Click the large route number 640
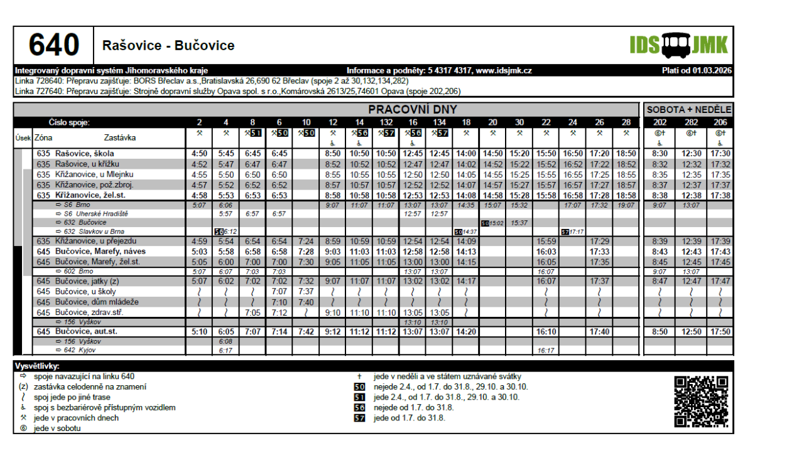pyautogui.click(x=54, y=45)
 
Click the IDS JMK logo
pyautogui.click(x=679, y=45)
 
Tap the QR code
pyautogui.click(x=701, y=402)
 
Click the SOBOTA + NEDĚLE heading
pyautogui.click(x=689, y=110)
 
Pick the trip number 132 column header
pyautogui.click(x=386, y=122)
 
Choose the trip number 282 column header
pyautogui.click(x=691, y=122)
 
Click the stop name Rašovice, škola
pyautogui.click(x=84, y=154)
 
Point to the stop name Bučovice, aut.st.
pyautogui.click(x=86, y=331)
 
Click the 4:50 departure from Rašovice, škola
pyautogui.click(x=199, y=154)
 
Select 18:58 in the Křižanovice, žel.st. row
pyautogui.click(x=626, y=195)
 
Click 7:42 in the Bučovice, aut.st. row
pyautogui.click(x=306, y=331)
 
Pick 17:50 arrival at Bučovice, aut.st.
pyautogui.click(x=719, y=331)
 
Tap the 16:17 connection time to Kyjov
pyautogui.click(x=546, y=351)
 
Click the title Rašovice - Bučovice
pyautogui.click(x=168, y=46)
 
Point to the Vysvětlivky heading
pyautogui.click(x=37, y=366)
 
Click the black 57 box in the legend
pyautogui.click(x=359, y=418)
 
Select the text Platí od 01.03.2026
pyautogui.click(x=697, y=70)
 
